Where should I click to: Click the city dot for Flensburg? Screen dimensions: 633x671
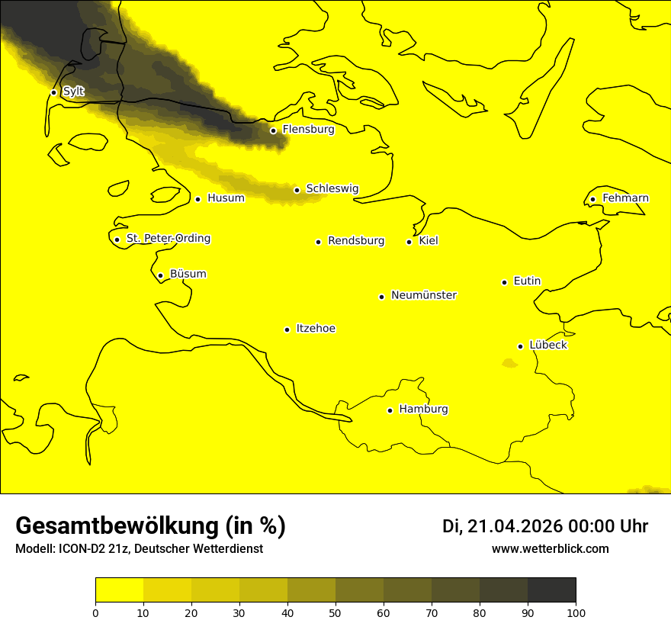click(x=273, y=130)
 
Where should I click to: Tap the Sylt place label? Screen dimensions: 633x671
click(x=73, y=92)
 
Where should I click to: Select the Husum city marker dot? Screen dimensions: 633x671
click(x=197, y=199)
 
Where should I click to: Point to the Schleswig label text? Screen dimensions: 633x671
click(x=332, y=188)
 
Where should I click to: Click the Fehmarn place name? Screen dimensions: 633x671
click(x=625, y=198)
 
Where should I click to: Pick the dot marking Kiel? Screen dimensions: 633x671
click(x=409, y=242)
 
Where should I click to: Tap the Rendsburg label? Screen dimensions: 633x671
click(x=356, y=241)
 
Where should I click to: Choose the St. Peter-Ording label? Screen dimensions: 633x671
click(x=169, y=239)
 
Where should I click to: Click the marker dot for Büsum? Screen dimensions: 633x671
click(x=160, y=276)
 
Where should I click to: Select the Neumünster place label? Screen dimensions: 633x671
click(x=424, y=295)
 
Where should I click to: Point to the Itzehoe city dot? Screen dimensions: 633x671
click(x=287, y=329)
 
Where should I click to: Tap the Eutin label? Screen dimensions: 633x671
click(x=527, y=281)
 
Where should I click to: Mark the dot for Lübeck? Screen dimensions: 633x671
click(x=520, y=346)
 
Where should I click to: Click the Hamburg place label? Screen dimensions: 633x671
click(x=423, y=410)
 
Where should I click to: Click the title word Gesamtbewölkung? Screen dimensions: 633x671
click(x=115, y=526)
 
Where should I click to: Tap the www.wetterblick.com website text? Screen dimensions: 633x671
click(x=550, y=549)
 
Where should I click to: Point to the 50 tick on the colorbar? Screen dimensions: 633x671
click(x=335, y=612)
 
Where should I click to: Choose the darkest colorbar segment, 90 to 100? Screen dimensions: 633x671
click(x=551, y=590)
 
